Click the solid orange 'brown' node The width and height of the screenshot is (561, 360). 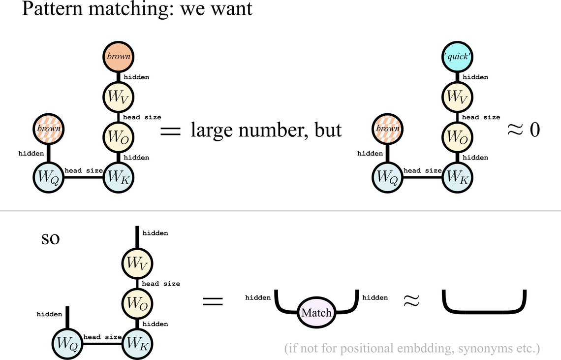point(119,56)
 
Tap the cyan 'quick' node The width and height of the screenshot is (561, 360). point(457,56)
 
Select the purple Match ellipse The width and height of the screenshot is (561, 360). point(316,313)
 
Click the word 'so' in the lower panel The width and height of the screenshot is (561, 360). point(51,238)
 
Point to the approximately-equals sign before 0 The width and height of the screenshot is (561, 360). point(516,130)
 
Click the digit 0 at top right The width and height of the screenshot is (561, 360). point(535,130)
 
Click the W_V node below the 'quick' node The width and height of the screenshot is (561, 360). point(457,97)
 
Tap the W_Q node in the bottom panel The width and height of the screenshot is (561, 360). point(67,343)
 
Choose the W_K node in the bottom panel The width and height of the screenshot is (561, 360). point(137,343)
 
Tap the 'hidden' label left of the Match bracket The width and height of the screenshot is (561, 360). point(258,297)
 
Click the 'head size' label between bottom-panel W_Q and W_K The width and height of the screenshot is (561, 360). point(102,337)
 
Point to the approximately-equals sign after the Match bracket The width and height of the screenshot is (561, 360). point(410,301)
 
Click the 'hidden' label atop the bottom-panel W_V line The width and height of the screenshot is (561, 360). point(155,233)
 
